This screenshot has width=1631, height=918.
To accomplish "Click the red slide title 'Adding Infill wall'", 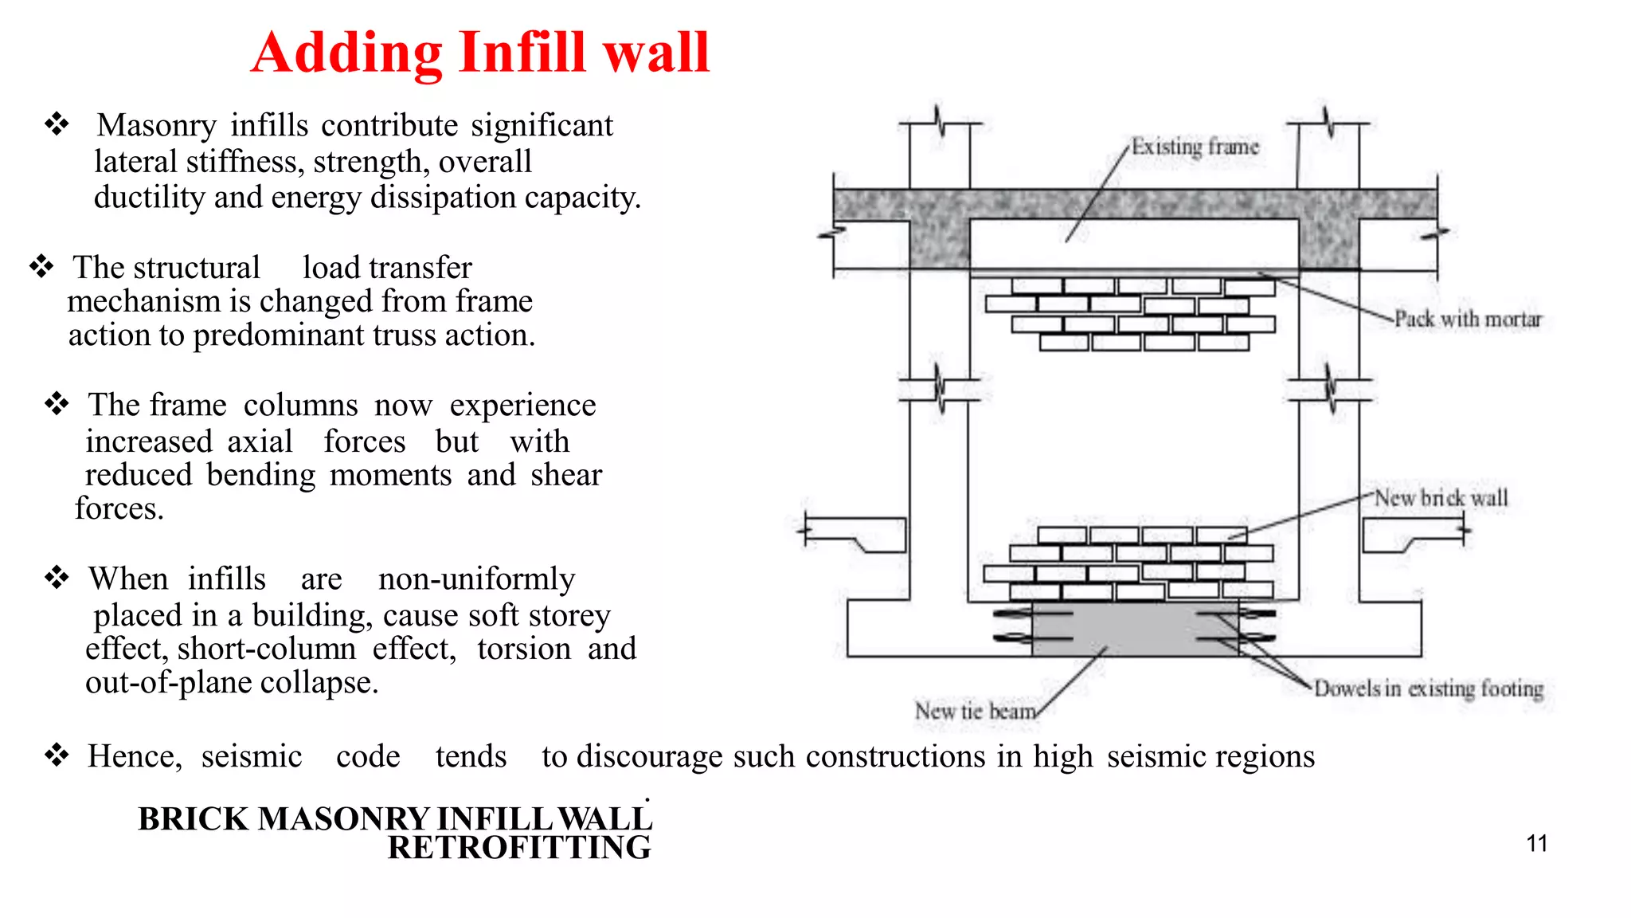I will coord(480,53).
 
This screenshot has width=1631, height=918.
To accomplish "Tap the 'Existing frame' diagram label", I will coord(1195,147).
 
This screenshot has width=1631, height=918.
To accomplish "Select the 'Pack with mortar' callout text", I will coord(1468,319).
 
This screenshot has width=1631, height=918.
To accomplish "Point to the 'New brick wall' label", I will coord(1441,498).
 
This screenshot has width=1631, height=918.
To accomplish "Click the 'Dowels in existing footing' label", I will coord(1428,688).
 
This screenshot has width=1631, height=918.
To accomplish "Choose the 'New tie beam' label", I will coord(975,710).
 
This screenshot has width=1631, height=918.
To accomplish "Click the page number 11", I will coord(1537,843).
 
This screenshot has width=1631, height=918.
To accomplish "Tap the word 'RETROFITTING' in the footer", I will coord(519,848).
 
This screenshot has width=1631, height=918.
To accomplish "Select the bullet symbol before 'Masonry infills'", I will coord(57,124).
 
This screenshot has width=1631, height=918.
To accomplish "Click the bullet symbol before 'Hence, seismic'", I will coord(57,755).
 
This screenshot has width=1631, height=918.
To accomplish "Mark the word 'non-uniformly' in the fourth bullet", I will coord(476,579).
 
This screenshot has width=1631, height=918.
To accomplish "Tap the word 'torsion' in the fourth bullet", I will coord(524,649).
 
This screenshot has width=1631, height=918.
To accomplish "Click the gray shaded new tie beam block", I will coord(1135,630).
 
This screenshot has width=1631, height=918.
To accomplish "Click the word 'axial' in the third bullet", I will coord(260,441).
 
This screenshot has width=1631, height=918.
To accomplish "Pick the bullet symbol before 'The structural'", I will coord(41,266).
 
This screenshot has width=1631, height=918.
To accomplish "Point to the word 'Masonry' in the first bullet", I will coord(156,126).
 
